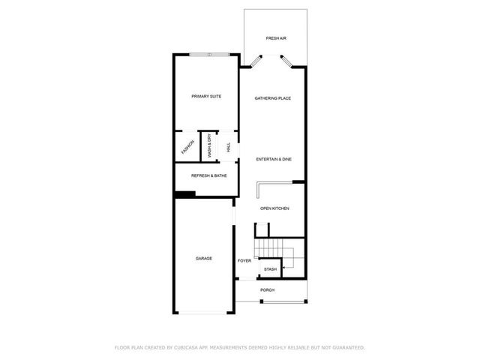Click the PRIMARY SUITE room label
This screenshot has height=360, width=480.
point(205,97)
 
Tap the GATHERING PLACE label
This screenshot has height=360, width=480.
point(272,98)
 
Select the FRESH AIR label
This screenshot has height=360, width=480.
point(275,38)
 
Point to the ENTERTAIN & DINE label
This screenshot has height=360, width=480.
point(273,160)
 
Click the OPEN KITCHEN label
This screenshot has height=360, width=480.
point(274,208)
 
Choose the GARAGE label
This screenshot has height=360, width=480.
point(204,259)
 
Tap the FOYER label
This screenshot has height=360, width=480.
point(244,261)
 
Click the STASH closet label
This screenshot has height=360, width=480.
point(270,269)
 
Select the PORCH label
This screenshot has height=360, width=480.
point(268,290)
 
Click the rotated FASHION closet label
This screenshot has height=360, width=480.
point(187,147)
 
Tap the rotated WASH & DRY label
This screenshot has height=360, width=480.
point(210,146)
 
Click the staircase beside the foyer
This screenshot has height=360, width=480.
point(277,248)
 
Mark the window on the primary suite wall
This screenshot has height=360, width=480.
point(210,54)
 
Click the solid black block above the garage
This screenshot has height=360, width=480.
point(184,194)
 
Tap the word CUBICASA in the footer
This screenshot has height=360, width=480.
point(188,348)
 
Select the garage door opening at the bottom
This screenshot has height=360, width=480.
point(205,313)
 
